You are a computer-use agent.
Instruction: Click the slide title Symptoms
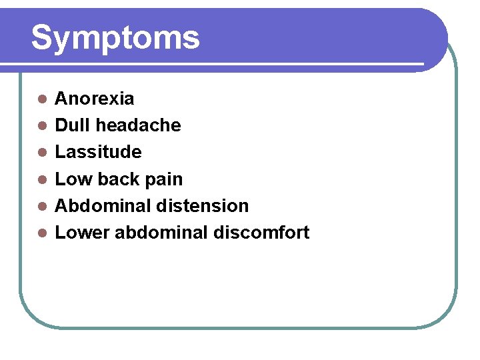pyautogui.click(x=115, y=37)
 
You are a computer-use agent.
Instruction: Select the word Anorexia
pyautogui.click(x=94, y=99)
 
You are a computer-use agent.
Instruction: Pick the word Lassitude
pyautogui.click(x=98, y=152)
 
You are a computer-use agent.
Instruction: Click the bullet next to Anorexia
pyautogui.click(x=41, y=99)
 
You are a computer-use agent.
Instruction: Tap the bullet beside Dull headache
pyautogui.click(x=41, y=126)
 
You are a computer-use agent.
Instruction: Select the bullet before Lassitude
pyautogui.click(x=41, y=153)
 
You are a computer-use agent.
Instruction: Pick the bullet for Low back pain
pyautogui.click(x=41, y=179)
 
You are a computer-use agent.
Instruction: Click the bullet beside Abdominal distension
pyautogui.click(x=41, y=206)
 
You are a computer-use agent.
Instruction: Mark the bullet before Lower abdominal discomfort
pyautogui.click(x=41, y=233)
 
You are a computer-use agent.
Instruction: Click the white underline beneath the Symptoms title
pyautogui.click(x=213, y=65)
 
